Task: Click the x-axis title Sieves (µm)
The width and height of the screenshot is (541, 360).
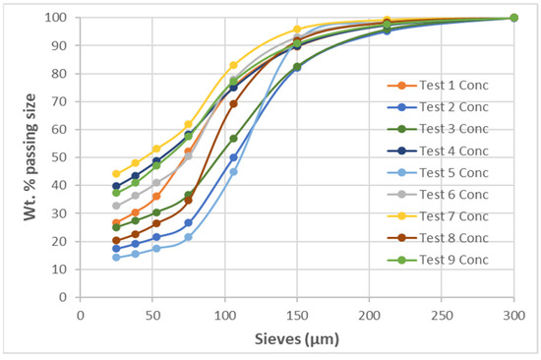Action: coord(296,339)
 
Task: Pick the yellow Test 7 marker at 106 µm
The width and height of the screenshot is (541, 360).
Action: coord(233,65)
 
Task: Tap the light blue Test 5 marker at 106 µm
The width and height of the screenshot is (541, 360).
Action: coord(233,171)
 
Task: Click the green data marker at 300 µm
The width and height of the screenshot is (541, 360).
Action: coord(513,18)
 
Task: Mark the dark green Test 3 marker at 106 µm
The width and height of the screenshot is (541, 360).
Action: coord(233,139)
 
